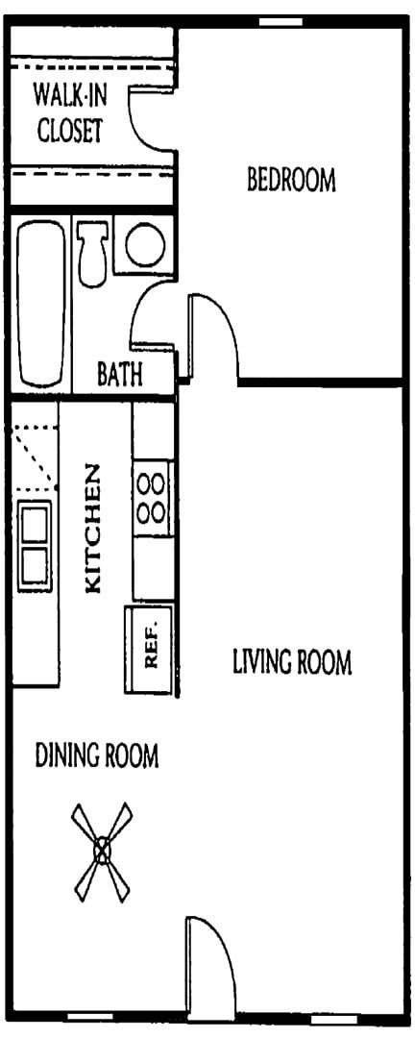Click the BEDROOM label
pos(292,180)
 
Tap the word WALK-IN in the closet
pos(68,96)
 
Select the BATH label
pos(120,374)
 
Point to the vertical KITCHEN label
pos(94,528)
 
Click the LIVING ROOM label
pos(292,662)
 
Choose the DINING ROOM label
pos(97,755)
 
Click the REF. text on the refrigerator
pos(150,650)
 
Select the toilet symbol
pos(93,251)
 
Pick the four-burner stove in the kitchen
pos(152,495)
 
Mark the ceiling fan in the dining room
pos(101,850)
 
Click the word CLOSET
pos(69,131)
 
